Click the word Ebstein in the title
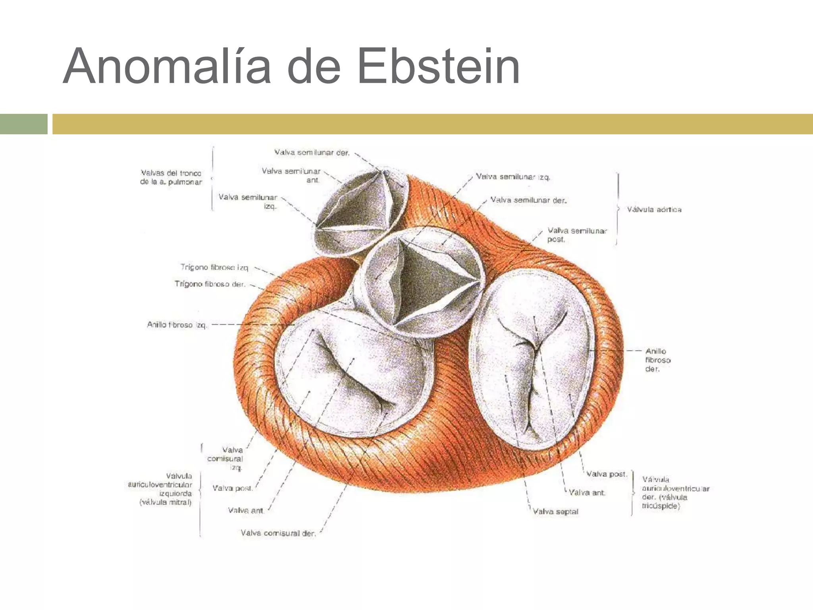click(x=438, y=67)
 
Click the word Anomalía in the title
click(x=167, y=67)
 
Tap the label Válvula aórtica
click(x=654, y=209)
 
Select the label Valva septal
click(x=555, y=512)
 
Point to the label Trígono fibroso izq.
click(x=214, y=267)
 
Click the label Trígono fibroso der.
click(x=210, y=284)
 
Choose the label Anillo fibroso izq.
click(x=177, y=325)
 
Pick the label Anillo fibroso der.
click(x=657, y=360)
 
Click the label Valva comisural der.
click(x=278, y=533)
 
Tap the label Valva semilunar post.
click(x=577, y=235)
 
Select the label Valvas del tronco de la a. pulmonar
click(x=171, y=178)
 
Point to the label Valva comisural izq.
click(x=225, y=458)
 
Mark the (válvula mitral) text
click(x=166, y=502)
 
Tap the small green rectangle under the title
click(x=23, y=124)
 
